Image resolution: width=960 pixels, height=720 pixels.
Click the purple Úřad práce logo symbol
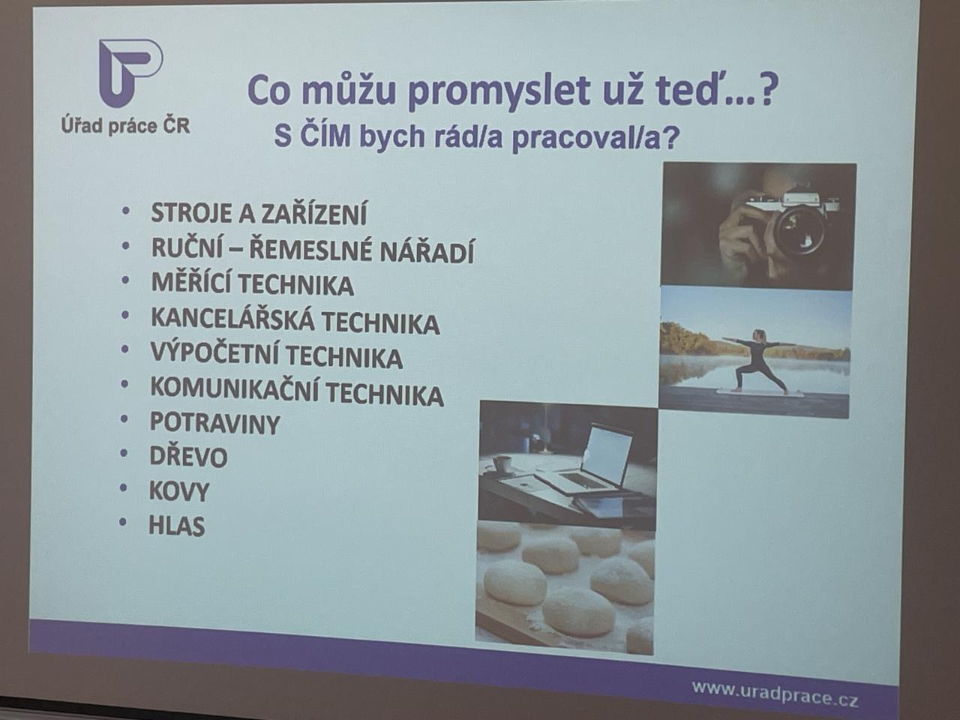pos(130,72)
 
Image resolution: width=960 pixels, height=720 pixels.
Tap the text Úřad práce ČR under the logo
pos(125,126)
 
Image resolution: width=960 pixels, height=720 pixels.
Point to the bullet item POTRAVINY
pos(214,423)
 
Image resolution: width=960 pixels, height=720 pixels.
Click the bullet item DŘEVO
pos(188,457)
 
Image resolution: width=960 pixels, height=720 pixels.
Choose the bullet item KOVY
pos(179,491)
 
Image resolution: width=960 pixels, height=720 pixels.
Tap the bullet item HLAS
pos(177,526)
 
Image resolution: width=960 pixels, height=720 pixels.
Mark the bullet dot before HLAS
pos(123,522)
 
